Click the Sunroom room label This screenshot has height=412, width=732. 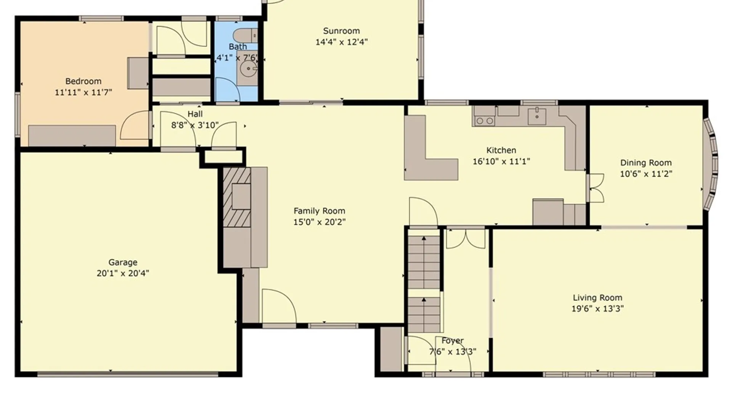click(341, 31)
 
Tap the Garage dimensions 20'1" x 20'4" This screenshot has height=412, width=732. click(123, 273)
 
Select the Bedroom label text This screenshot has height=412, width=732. click(83, 81)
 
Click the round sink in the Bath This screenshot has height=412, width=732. click(249, 69)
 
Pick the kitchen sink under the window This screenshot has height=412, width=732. click(537, 116)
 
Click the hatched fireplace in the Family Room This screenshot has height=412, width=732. click(237, 197)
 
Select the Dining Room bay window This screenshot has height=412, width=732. click(711, 164)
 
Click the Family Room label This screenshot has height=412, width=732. click(319, 211)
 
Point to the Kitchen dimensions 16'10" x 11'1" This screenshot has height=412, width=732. click(501, 161)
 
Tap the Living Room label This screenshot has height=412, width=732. click(597, 298)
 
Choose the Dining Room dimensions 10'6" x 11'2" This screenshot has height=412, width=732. click(646, 174)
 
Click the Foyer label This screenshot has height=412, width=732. click(453, 341)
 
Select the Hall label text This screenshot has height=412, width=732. click(195, 114)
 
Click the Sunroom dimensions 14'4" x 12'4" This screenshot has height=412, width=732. click(341, 42)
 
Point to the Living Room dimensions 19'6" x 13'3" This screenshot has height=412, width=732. click(597, 309)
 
